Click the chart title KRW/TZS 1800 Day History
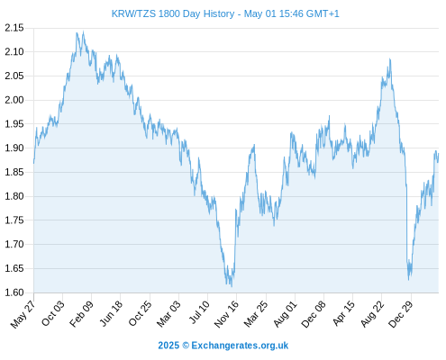173,13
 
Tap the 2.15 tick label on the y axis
14,28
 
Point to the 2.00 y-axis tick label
14,100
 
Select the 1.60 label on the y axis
14,292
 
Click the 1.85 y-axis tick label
14,172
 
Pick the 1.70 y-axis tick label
14,244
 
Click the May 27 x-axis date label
23,314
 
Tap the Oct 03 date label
52,313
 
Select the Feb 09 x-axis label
81,313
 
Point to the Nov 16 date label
226,314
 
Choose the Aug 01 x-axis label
285,314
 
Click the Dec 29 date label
400,314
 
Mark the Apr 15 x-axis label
343,313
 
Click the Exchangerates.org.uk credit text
240,346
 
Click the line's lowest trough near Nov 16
232,287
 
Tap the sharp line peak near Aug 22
390,58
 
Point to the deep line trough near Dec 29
408,280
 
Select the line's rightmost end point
439,154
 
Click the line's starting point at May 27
33,163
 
